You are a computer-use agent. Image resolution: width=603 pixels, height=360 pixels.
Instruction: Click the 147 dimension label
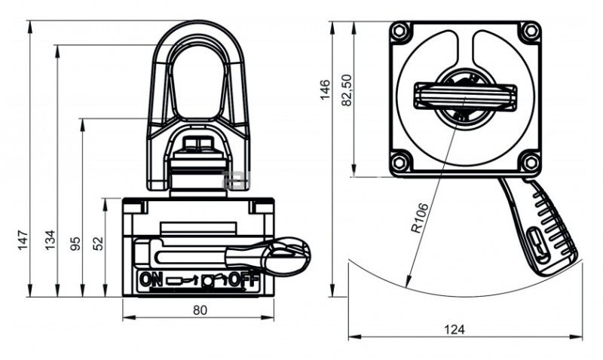pyautogui.click(x=23, y=239)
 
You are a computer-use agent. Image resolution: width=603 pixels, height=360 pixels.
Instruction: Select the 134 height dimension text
pyautogui.click(x=51, y=239)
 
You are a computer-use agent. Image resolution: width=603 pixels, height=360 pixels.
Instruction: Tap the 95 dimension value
pyautogui.click(x=76, y=243)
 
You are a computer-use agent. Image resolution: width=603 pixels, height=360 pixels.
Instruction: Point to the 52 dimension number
pyautogui.click(x=99, y=243)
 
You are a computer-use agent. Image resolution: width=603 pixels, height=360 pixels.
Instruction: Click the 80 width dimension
pyautogui.click(x=200, y=310)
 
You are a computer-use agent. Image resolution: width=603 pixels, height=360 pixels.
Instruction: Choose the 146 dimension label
pyautogui.click(x=325, y=90)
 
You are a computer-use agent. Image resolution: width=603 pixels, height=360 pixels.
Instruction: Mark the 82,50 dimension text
pyautogui.click(x=347, y=90)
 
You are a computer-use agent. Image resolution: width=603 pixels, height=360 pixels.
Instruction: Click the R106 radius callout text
pyautogui.click(x=419, y=218)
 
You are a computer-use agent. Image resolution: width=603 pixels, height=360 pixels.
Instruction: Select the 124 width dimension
pyautogui.click(x=455, y=330)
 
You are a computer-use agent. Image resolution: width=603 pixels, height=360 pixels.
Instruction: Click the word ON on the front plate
pyautogui.click(x=151, y=279)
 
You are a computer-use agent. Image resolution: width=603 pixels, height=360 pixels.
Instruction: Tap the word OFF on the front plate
pyautogui.click(x=243, y=280)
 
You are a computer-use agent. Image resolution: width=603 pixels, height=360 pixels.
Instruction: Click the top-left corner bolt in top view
pyautogui.click(x=399, y=31)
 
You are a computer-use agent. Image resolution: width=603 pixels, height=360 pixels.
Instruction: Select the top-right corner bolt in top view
pyautogui.click(x=531, y=31)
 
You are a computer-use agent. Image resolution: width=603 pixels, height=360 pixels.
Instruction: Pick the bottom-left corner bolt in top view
pyautogui.click(x=399, y=162)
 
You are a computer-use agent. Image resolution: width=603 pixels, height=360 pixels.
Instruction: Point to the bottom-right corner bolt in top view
pyautogui.click(x=531, y=162)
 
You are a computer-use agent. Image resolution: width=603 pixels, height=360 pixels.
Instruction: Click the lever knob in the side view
pyautogui.click(x=286, y=255)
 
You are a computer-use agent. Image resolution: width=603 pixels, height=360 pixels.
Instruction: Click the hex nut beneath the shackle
pyautogui.click(x=198, y=145)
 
